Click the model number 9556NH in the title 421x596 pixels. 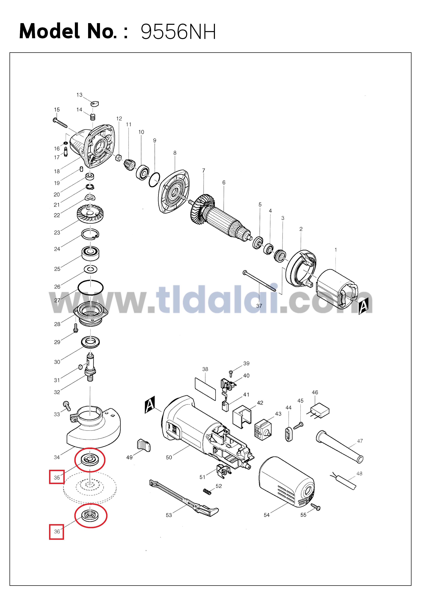178,32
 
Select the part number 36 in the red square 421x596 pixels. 57,531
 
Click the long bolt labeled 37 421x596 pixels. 259,281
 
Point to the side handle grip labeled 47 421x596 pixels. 340,446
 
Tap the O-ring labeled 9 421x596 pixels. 154,180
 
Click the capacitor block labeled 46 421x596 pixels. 320,411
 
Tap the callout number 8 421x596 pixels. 175,153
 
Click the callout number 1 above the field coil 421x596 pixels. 336,250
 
